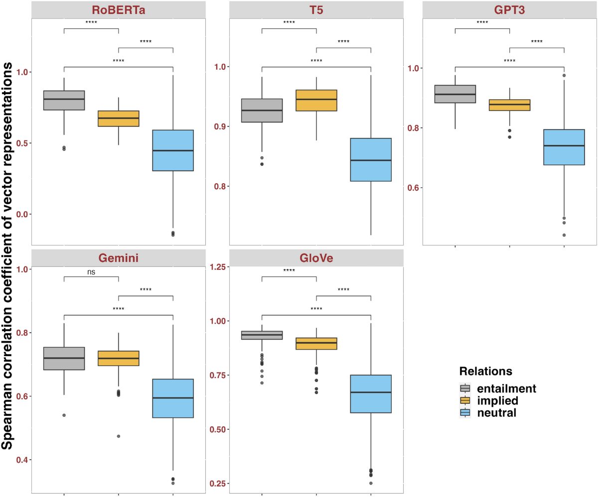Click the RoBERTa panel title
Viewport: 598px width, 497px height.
pos(118,10)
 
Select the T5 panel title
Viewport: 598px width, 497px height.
pos(316,10)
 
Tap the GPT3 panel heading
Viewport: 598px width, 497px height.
pos(509,10)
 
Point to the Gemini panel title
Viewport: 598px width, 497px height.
pos(118,258)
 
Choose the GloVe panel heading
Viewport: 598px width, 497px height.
pos(316,258)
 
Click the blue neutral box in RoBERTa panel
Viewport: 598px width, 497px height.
pos(173,150)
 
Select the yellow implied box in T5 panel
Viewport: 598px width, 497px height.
pos(316,101)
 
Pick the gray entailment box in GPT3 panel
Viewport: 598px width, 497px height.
pos(455,94)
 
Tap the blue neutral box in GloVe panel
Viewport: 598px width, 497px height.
pos(371,393)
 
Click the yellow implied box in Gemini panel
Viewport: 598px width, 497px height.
pos(119,358)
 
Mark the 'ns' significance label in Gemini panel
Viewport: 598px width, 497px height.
pos(91,272)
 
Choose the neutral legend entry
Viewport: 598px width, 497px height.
pos(496,412)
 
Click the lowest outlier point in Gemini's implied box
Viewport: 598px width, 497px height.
pos(119,436)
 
